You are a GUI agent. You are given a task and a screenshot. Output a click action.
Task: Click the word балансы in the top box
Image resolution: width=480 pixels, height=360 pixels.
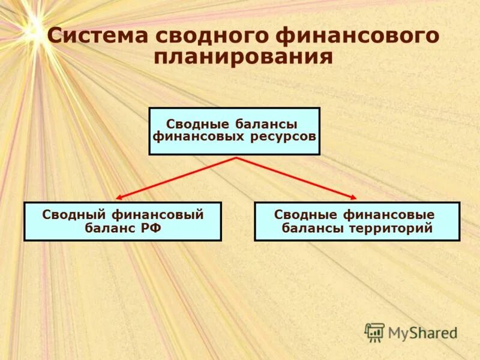(x=265, y=124)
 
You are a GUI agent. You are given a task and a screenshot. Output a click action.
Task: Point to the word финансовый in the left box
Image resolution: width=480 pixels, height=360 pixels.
(x=157, y=215)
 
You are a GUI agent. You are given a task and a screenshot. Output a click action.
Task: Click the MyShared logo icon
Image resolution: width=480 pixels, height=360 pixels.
(x=375, y=332)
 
